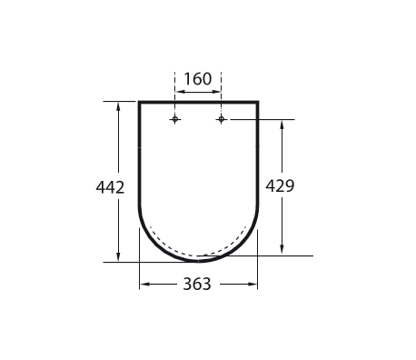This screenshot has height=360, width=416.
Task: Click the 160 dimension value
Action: (x=198, y=79)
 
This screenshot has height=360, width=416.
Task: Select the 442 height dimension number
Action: (x=110, y=187)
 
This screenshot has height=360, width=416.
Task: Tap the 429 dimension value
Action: (x=280, y=185)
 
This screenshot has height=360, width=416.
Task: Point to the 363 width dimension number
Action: (x=197, y=285)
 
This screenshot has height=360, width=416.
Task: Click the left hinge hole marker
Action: (x=174, y=119)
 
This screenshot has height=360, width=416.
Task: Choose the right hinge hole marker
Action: (x=222, y=119)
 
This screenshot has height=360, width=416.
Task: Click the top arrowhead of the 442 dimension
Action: (x=118, y=105)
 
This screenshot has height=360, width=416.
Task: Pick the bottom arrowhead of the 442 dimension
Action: (x=118, y=258)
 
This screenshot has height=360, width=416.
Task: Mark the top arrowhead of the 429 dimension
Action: (x=282, y=124)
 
